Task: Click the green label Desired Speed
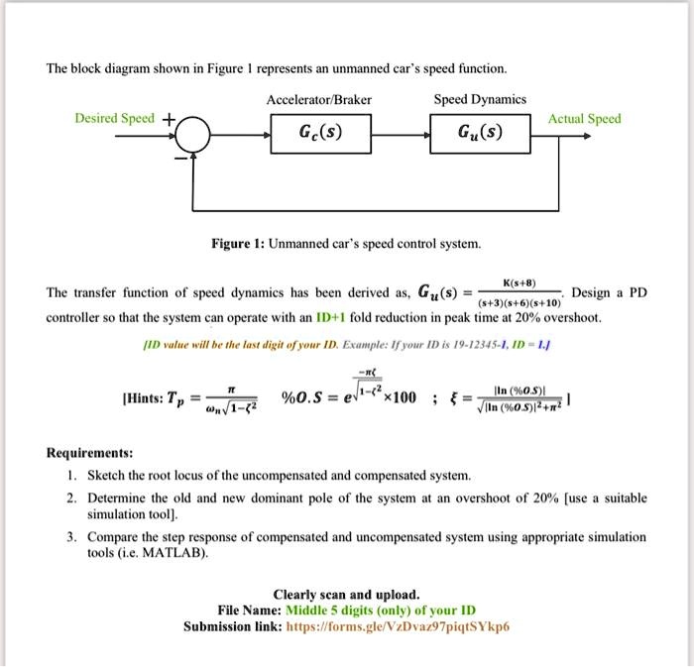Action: pos(115,119)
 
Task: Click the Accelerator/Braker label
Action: pos(319,100)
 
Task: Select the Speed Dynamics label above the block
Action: pos(480,100)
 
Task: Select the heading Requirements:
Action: pos(90,452)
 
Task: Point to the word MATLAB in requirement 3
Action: pos(179,553)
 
